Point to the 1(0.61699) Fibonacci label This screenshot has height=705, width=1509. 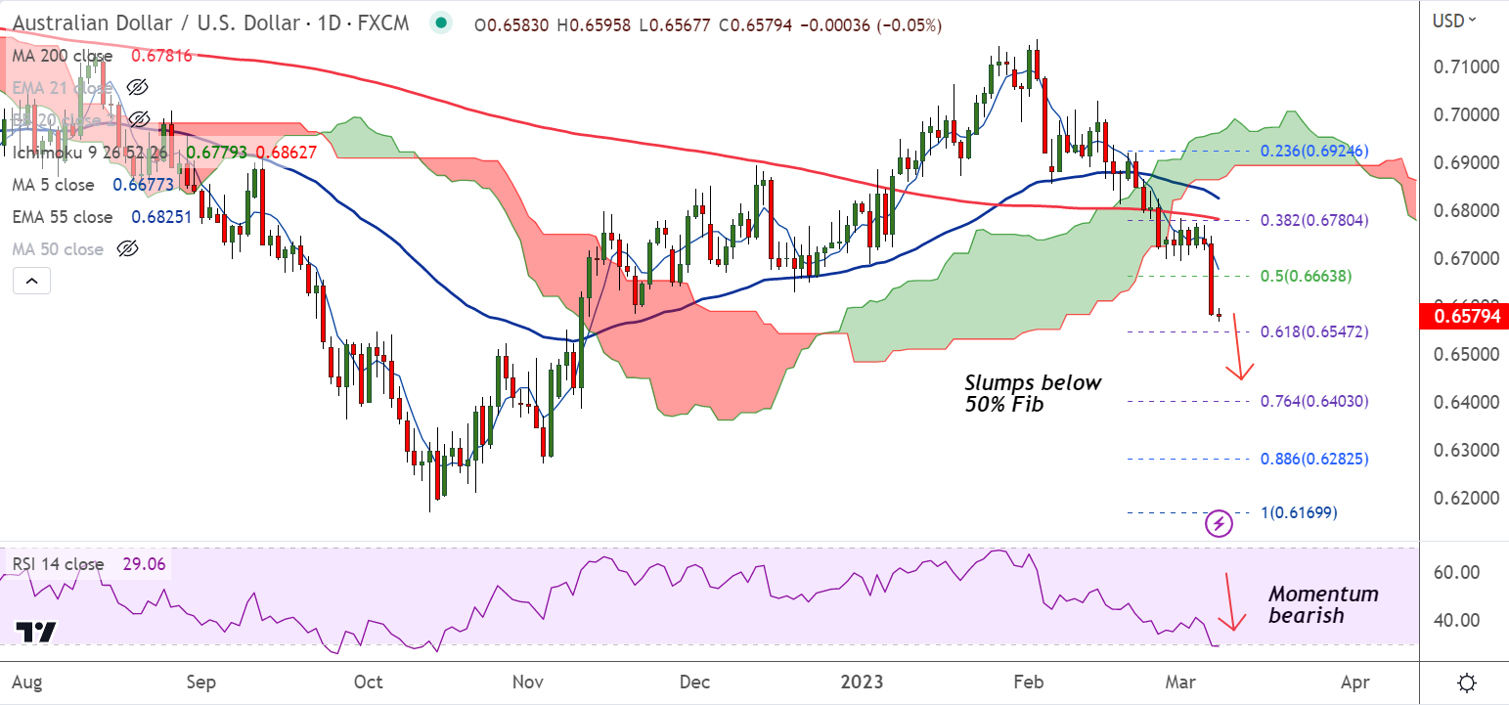[1299, 511]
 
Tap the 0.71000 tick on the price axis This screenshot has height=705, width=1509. [1465, 66]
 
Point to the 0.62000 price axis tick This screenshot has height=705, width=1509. [1465, 498]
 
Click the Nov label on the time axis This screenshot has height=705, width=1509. [527, 681]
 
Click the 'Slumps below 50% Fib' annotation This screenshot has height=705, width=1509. [1033, 392]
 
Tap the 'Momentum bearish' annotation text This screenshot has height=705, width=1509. [1323, 604]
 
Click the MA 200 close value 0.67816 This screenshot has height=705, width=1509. [161, 56]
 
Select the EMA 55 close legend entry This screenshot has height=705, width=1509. [65, 217]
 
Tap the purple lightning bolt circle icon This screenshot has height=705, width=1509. [1219, 523]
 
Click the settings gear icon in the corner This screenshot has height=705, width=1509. [1466, 682]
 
